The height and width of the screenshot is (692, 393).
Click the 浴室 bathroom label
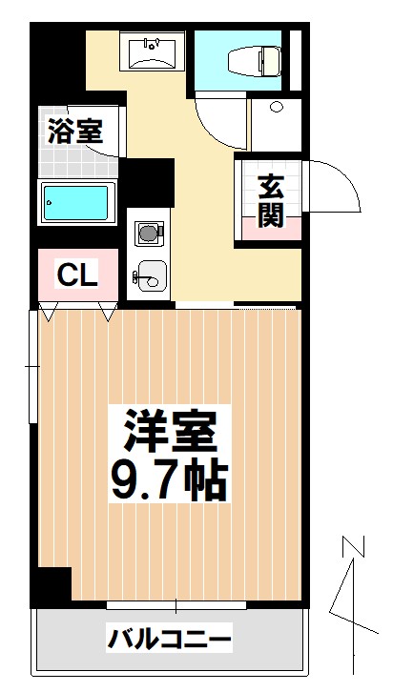coord(74,132)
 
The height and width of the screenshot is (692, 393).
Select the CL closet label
coord(77,276)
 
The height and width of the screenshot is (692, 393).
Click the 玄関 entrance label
coord(271,202)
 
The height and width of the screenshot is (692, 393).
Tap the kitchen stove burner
coord(149,232)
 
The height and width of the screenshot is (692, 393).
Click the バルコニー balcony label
coord(169,637)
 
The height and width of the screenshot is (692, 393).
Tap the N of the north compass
coord(353,549)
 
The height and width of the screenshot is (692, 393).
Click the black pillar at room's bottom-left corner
coord(52,584)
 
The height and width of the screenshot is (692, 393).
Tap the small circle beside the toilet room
coord(276,107)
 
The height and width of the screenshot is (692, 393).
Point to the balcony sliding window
coord(176,604)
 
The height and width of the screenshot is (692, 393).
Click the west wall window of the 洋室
coord(34,367)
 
